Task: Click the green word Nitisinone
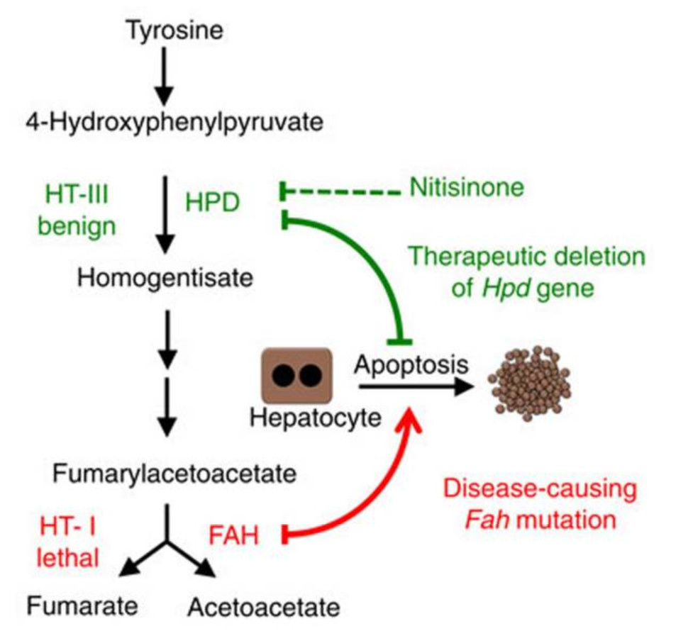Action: pos(467,188)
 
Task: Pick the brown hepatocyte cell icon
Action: pos(298,375)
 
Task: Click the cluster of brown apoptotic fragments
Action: pos(529,383)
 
